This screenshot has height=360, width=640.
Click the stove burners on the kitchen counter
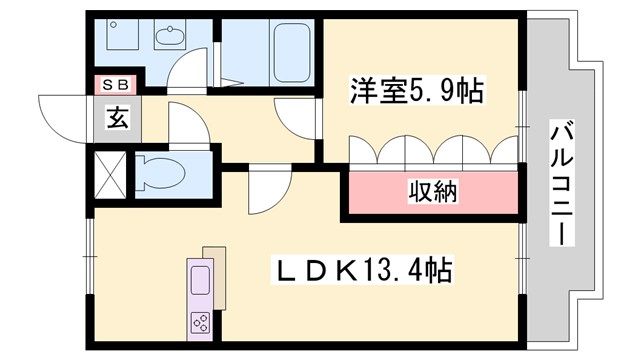tap(199, 322)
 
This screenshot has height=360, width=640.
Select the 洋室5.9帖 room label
tap(414, 92)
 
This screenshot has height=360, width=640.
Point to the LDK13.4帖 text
tap(366, 269)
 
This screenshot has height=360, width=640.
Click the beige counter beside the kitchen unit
tap(215, 274)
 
